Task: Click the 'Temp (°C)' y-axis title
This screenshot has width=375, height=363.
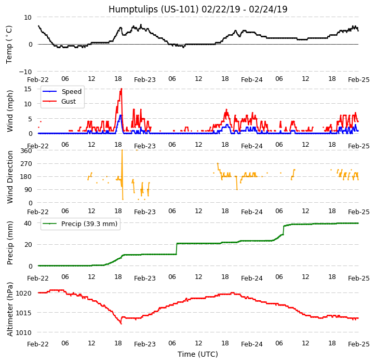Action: coord(9,44)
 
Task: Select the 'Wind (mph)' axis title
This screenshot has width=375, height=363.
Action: coord(10,110)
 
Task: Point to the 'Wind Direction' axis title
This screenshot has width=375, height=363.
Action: coord(10,177)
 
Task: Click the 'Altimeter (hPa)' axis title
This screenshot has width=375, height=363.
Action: coord(10,309)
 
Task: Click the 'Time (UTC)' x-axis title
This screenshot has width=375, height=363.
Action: coord(198,354)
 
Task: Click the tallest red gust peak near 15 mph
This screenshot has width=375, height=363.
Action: coord(122,89)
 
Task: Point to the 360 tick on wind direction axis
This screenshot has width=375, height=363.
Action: coord(25,151)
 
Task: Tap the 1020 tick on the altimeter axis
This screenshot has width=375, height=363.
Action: coord(23,293)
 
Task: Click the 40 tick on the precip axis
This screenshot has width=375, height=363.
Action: coord(28,224)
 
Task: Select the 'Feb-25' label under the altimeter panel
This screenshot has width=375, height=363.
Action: coord(359,344)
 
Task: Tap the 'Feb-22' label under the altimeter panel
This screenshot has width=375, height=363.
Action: coord(38,344)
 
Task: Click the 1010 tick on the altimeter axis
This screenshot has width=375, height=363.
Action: coord(23,332)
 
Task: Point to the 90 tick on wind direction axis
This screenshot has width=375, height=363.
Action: coord(28,190)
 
